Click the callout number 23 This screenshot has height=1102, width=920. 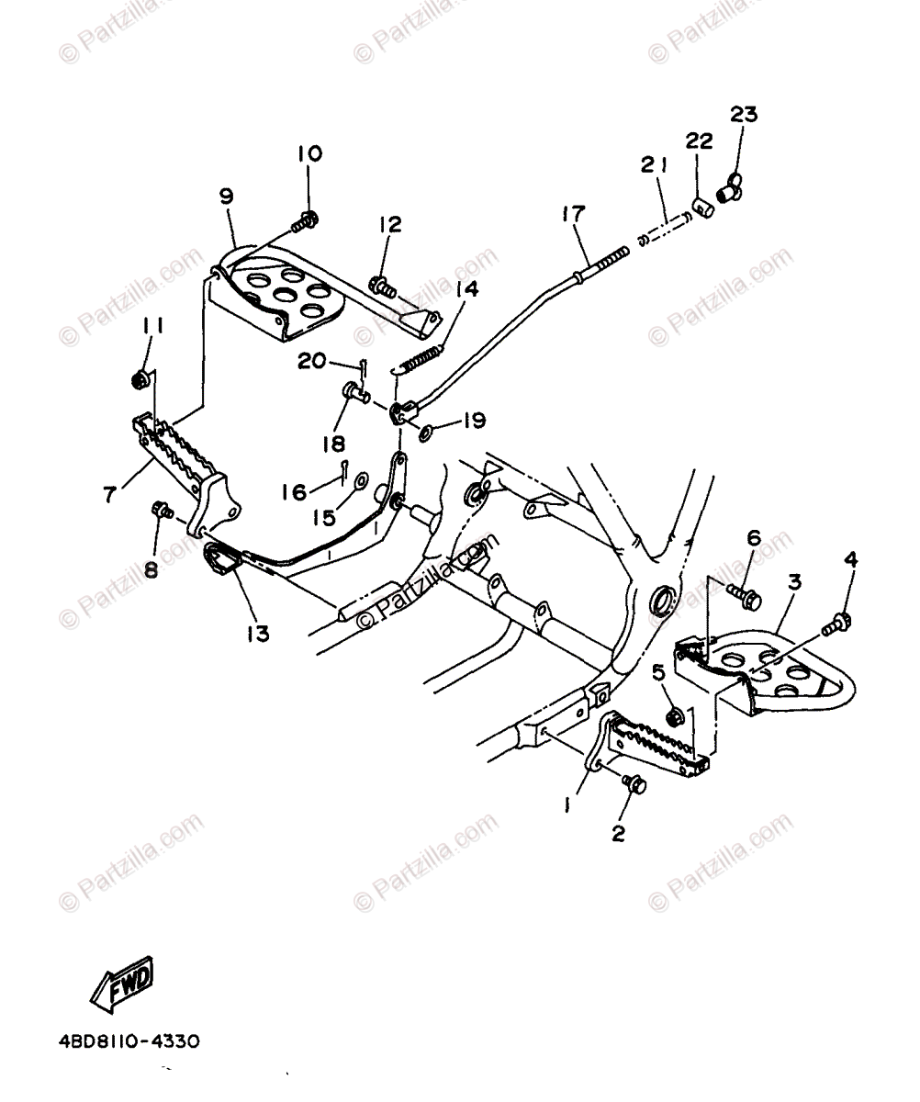744,115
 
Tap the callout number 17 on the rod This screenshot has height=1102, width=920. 573,214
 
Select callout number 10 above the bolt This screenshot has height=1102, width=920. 309,152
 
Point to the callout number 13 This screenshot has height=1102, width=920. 259,633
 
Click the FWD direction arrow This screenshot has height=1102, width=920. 121,982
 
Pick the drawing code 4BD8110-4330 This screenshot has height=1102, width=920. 129,1042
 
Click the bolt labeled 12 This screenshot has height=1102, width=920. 383,287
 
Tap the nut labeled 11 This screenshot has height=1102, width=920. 141,377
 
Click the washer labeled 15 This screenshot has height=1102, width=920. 361,479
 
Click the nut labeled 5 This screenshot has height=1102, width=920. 673,715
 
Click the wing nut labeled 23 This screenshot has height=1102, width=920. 729,189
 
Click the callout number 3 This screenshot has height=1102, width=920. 794,581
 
